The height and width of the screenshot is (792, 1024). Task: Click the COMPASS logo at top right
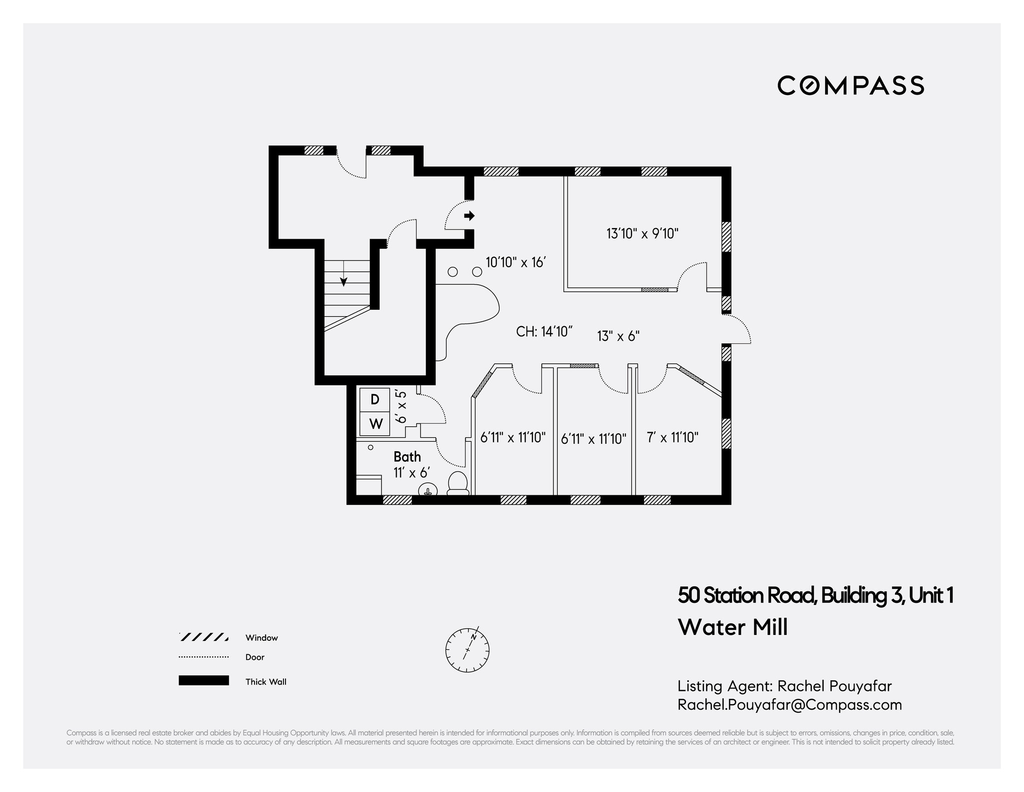point(850,86)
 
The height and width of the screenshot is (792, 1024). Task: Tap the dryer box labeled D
point(375,400)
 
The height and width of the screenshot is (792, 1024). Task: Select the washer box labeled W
point(375,424)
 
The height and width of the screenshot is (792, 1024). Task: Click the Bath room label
point(407,456)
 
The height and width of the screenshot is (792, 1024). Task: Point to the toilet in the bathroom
point(457,483)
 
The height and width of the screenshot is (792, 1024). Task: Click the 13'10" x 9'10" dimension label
point(642,234)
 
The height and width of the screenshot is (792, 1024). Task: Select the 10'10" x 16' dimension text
point(515,262)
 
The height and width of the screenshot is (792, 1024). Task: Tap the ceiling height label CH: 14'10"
point(544,331)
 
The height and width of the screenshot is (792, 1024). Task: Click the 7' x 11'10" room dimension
point(672,437)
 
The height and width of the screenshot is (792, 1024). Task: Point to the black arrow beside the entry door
point(469,216)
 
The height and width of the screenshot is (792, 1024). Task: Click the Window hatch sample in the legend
point(203,637)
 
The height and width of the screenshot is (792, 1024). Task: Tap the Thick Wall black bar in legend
point(203,680)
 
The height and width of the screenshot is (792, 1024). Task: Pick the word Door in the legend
point(254,657)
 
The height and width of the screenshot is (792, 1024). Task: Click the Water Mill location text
point(732,627)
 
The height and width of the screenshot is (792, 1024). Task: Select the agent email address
point(789,704)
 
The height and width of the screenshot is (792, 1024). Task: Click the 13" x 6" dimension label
point(618,336)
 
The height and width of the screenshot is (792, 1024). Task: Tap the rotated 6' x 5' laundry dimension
point(401,407)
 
